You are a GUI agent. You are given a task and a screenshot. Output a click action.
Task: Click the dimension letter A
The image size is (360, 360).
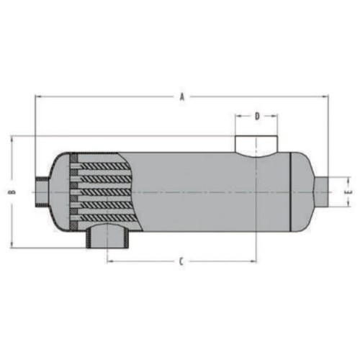[x=182, y=97]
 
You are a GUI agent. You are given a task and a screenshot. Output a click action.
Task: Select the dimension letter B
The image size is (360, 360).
[x=12, y=192]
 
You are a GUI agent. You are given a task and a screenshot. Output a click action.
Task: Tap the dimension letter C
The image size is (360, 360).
[x=181, y=261]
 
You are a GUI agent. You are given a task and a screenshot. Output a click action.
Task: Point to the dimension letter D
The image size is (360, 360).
[x=257, y=117]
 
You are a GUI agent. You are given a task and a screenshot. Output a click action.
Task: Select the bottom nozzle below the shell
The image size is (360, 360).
[x=108, y=235]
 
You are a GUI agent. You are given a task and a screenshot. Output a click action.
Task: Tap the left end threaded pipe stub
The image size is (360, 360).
[x=42, y=192]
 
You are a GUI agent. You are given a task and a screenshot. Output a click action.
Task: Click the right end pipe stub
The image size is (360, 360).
[x=321, y=192]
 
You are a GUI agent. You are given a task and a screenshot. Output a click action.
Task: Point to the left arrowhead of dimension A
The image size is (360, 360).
[x=38, y=96]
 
